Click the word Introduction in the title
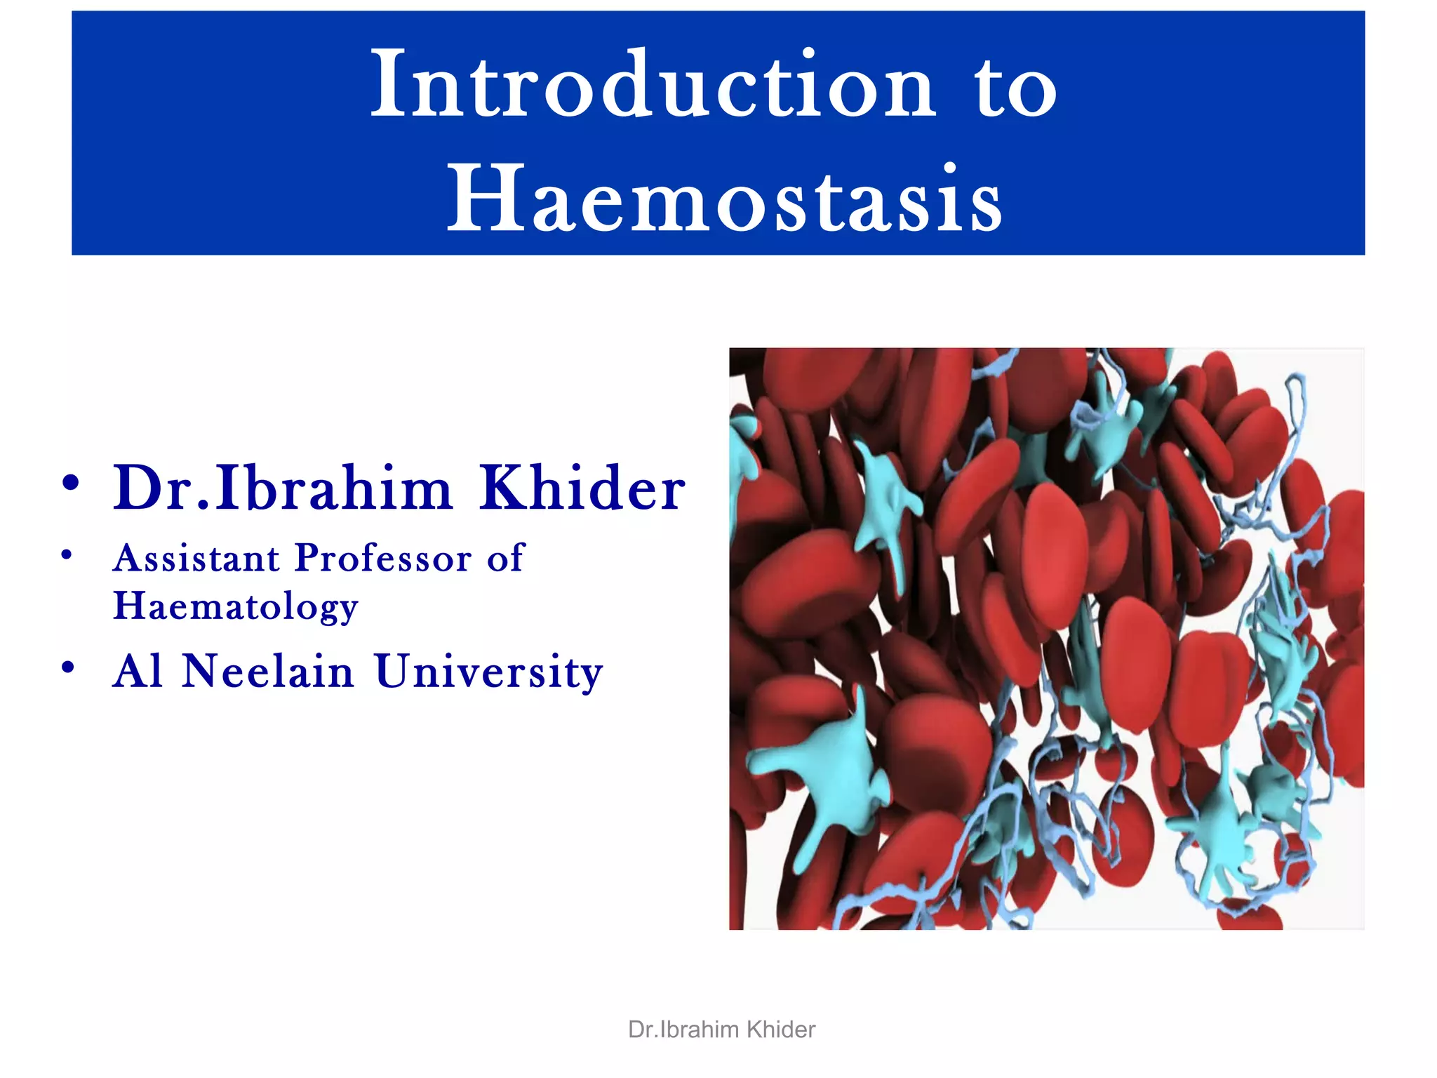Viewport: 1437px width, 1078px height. click(x=653, y=86)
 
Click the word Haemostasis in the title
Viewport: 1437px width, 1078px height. click(x=725, y=199)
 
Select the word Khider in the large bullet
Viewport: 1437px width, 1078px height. click(x=582, y=488)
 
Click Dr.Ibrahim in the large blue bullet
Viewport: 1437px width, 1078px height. click(x=283, y=488)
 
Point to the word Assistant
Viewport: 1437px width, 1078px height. click(x=196, y=559)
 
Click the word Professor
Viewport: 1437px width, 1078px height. click(x=383, y=559)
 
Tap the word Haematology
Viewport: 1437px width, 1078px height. click(x=236, y=606)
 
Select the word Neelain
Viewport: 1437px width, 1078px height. click(x=267, y=672)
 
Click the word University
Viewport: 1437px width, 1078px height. click(x=488, y=672)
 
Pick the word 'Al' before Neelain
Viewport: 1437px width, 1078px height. click(x=138, y=672)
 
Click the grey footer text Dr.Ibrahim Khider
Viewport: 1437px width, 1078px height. click(x=721, y=1030)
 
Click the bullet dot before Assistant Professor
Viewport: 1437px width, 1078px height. click(x=67, y=556)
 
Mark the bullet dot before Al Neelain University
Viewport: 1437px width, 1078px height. click(x=68, y=667)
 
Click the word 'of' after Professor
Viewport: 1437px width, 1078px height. click(x=505, y=559)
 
